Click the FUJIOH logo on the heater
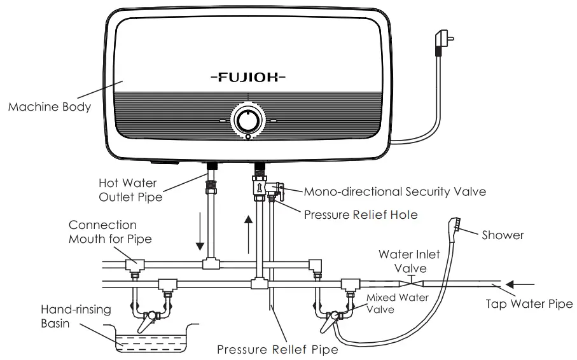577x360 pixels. point(247,78)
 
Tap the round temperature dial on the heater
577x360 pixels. point(247,120)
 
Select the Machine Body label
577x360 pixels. point(49,107)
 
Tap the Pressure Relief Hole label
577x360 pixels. point(361,214)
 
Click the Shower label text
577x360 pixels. point(503,235)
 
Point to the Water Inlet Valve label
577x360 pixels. point(409,261)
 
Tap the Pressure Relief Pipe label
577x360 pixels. point(277,349)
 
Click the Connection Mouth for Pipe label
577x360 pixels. point(102,232)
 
